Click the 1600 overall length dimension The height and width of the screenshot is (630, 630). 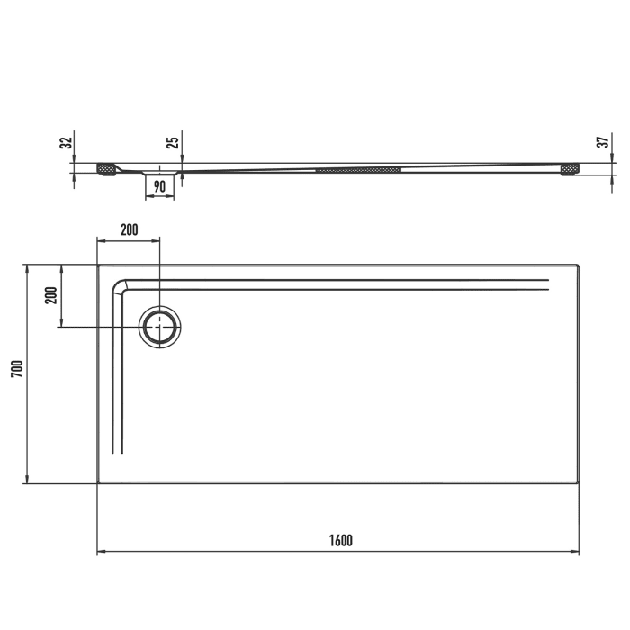click(x=340, y=540)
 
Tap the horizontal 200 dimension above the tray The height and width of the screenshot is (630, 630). click(x=129, y=229)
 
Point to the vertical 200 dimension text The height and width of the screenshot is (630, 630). click(x=51, y=295)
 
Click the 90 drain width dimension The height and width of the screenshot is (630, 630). click(x=159, y=186)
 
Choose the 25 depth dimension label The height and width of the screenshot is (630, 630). click(x=173, y=140)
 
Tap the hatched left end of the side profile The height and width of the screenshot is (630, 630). click(x=107, y=168)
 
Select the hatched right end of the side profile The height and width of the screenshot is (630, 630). click(x=571, y=168)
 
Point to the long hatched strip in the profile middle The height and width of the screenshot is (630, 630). click(x=358, y=168)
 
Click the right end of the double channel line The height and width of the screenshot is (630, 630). click(x=546, y=285)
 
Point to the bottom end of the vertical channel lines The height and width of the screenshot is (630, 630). click(x=116, y=453)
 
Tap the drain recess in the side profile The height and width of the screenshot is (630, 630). click(x=160, y=171)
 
